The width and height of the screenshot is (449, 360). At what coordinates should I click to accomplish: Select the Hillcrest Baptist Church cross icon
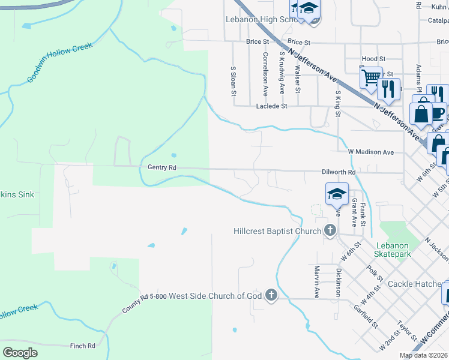(330, 230)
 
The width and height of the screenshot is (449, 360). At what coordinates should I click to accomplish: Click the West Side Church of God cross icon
(271, 295)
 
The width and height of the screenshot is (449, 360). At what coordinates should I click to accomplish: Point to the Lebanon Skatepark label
(392, 250)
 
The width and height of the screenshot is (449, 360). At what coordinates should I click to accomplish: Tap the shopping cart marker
(370, 77)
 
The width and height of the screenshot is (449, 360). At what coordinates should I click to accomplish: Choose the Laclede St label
(272, 106)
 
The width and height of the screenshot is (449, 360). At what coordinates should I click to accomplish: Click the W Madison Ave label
(370, 152)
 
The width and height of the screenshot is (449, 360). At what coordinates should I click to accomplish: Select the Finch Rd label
(83, 346)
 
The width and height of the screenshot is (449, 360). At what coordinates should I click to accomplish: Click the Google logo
(20, 352)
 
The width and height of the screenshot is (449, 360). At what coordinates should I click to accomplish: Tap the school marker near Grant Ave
(337, 194)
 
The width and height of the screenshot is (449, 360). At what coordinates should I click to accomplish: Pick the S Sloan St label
(234, 82)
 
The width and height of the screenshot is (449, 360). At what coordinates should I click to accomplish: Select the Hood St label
(373, 59)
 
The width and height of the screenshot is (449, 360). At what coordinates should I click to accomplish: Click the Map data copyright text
(423, 355)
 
